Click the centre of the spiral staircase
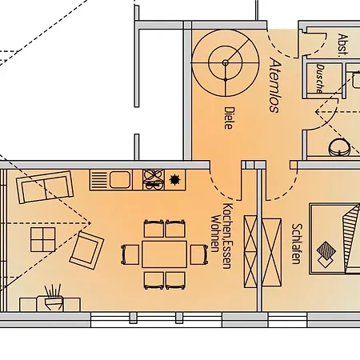coord(226,62)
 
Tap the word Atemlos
coord(274,86)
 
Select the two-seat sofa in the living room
coord(45,189)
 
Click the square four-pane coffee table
coord(39,238)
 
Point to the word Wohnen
coord(214,233)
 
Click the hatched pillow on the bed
coord(328,253)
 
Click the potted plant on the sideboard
coord(54,294)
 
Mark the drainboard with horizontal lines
coord(98,178)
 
